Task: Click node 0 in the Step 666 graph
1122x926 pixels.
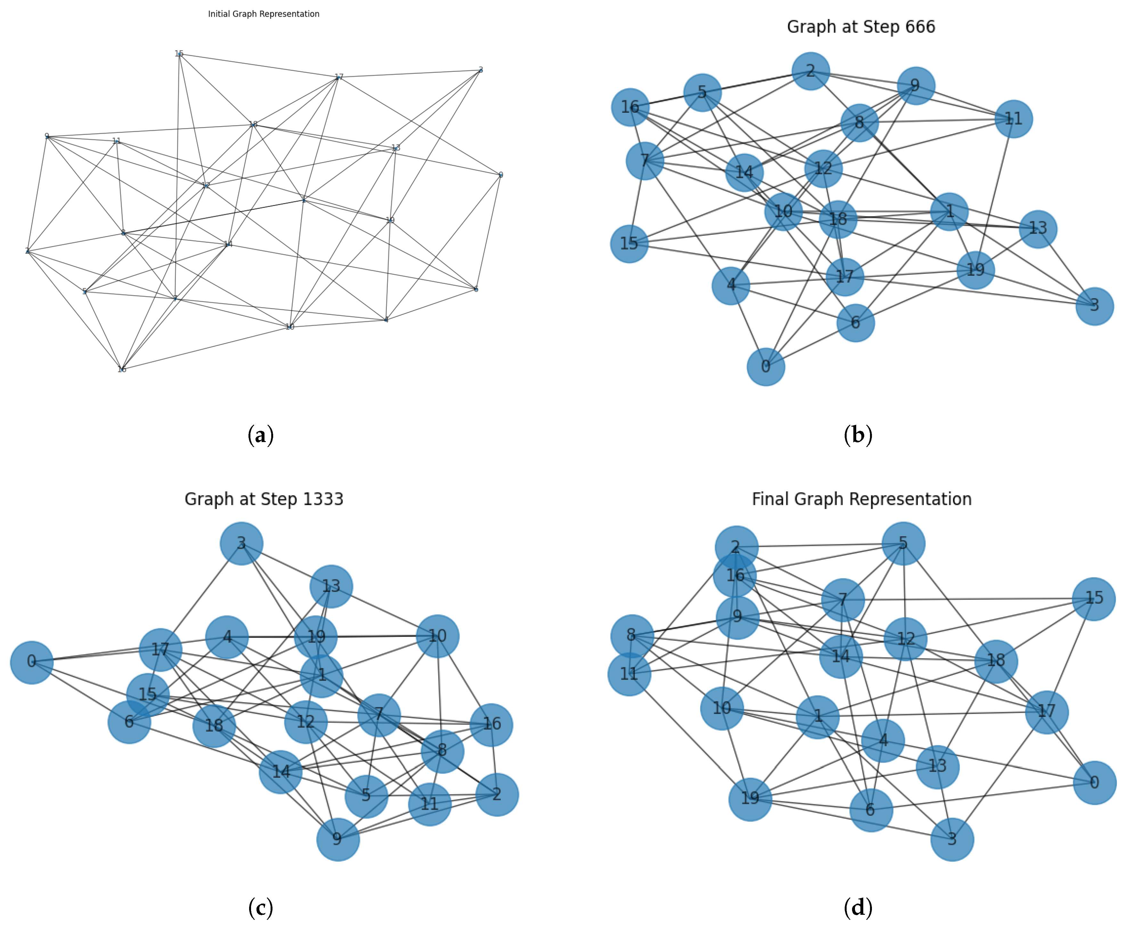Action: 766,366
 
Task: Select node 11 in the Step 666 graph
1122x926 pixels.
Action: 1013,119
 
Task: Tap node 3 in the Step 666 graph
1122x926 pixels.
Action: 1094,306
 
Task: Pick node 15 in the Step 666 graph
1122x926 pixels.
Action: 629,244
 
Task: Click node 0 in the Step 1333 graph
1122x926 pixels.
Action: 31,662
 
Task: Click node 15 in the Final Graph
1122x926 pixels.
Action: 1094,598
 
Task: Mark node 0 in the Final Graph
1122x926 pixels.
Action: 1094,783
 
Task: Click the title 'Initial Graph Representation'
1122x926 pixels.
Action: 264,14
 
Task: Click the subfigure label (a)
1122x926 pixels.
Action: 261,435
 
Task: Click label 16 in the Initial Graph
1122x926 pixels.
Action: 122,369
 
